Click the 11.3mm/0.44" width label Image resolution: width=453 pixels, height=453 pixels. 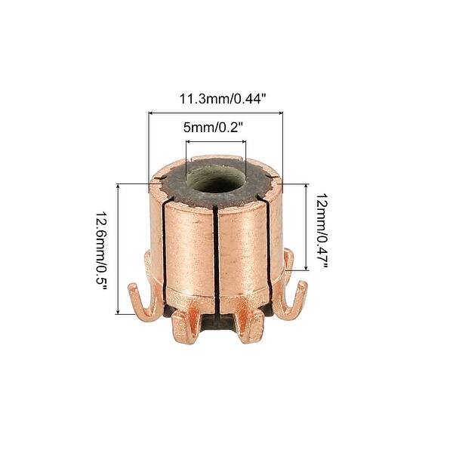[x=214, y=99]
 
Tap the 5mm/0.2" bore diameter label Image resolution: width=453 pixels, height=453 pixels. [x=214, y=128]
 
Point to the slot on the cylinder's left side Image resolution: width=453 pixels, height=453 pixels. [x=164, y=242]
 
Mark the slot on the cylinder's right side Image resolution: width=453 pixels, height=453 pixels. [x=270, y=242]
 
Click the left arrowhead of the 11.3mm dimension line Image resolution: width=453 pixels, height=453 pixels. [x=151, y=112]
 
